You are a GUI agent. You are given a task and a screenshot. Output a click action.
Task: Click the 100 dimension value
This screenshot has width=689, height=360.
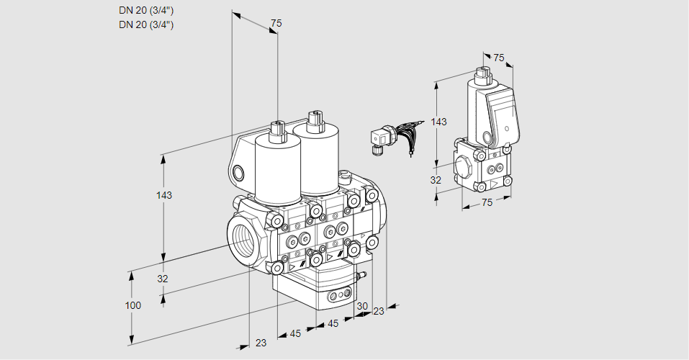pyautogui.click(x=132, y=305)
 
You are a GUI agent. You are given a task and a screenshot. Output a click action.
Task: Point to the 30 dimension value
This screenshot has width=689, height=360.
pyautogui.click(x=362, y=305)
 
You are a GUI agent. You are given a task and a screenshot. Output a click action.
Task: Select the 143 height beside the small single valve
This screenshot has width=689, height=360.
pyautogui.click(x=438, y=122)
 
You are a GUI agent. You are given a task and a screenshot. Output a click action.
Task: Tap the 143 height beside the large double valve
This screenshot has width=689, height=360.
pyautogui.click(x=165, y=195)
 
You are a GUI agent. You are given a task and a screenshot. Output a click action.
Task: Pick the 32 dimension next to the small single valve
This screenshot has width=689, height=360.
pyautogui.click(x=436, y=181)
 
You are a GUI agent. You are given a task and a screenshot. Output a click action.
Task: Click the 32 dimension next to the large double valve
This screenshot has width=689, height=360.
pyautogui.click(x=163, y=279)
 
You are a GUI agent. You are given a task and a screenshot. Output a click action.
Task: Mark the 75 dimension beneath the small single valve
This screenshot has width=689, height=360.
pyautogui.click(x=487, y=202)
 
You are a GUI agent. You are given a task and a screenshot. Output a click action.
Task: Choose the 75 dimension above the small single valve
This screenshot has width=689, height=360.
pyautogui.click(x=499, y=58)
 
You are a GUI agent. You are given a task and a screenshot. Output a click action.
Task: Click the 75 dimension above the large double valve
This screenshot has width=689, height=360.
pyautogui.click(x=276, y=24)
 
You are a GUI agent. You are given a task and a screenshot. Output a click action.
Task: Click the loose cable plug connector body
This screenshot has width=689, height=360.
pyautogui.click(x=379, y=138)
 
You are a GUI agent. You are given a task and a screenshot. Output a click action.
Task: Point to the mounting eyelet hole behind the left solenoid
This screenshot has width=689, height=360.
pyautogui.click(x=238, y=172)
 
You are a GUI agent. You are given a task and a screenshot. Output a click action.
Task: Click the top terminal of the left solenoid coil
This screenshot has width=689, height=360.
pyautogui.click(x=276, y=130)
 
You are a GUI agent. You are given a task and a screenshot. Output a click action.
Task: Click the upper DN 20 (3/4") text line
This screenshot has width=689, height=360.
pyautogui.click(x=146, y=10)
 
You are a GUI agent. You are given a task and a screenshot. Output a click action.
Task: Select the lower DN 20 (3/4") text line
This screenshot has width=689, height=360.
pyautogui.click(x=146, y=24)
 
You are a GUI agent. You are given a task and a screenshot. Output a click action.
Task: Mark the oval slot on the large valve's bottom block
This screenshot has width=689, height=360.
pyautogui.click(x=338, y=294)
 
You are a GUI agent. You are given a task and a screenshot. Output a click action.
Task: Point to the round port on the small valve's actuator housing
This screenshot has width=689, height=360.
pyautogui.click(x=490, y=137)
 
